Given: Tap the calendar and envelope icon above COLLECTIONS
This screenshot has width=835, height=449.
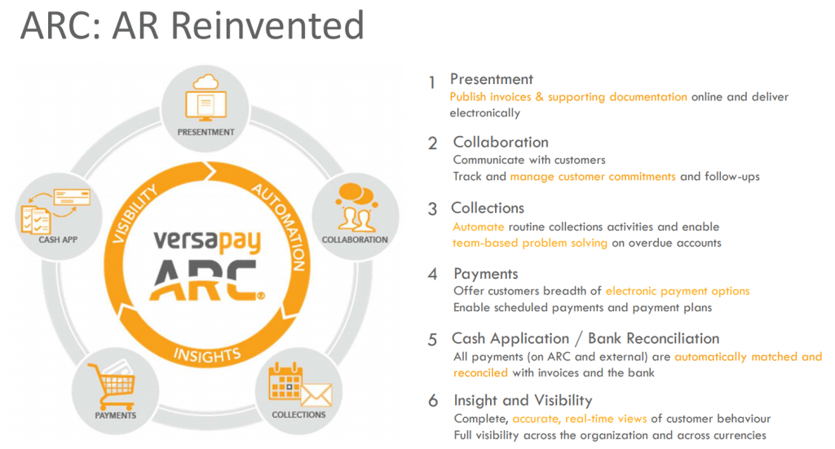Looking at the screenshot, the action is point(300,385).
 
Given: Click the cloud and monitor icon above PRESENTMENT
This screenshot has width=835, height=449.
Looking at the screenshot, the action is point(205,99).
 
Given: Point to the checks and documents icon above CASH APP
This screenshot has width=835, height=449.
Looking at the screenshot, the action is point(55,212).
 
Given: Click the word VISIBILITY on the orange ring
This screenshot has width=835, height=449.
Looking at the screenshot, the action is point(135,213).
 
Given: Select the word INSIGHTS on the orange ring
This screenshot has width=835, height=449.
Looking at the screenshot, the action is point(207,354).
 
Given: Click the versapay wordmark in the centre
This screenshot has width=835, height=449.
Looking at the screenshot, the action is point(207,241).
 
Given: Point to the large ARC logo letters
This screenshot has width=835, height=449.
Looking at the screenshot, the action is point(206,280).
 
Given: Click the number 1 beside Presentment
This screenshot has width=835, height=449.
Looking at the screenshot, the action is point(432,82).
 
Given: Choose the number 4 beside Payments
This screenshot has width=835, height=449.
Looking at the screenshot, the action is point(432,274).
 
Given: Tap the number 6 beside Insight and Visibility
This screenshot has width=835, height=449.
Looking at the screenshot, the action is point(433,401).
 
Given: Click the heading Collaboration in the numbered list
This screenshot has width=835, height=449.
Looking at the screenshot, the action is point(501,142).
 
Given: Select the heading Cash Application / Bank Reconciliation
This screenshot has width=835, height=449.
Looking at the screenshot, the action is point(585,339).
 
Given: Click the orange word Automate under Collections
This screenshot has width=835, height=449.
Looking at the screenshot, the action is point(478,227).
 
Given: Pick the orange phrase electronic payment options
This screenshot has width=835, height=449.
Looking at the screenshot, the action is point(678,291).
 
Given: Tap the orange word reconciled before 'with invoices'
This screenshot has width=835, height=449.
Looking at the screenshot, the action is point(480,372).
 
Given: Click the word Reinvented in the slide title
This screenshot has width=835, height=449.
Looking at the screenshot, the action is point(267,25).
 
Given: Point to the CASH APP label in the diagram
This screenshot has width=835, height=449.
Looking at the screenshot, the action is point(58,240).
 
